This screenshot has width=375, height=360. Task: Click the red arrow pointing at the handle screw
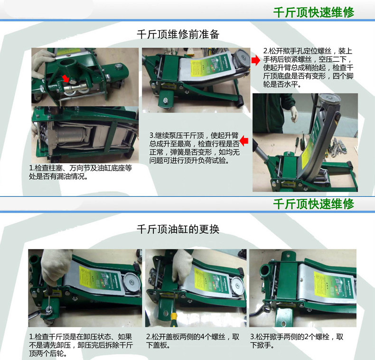(66, 78)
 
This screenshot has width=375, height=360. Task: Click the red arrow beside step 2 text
(255, 60)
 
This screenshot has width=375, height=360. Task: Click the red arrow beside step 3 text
(244, 140)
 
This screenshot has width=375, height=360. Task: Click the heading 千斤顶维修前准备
(178, 35)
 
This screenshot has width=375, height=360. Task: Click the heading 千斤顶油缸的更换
(178, 229)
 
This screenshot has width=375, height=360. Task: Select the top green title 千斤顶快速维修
(314, 12)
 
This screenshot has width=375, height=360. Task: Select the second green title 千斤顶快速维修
(314, 204)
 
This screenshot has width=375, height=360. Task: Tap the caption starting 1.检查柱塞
(81, 172)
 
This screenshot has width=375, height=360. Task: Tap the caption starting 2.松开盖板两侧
(193, 341)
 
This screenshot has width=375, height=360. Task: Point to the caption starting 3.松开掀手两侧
(297, 341)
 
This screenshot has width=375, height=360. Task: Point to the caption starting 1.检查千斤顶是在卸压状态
(81, 345)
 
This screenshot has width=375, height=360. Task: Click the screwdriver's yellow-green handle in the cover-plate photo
(174, 317)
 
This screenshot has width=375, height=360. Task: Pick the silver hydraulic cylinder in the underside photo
(72, 135)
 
